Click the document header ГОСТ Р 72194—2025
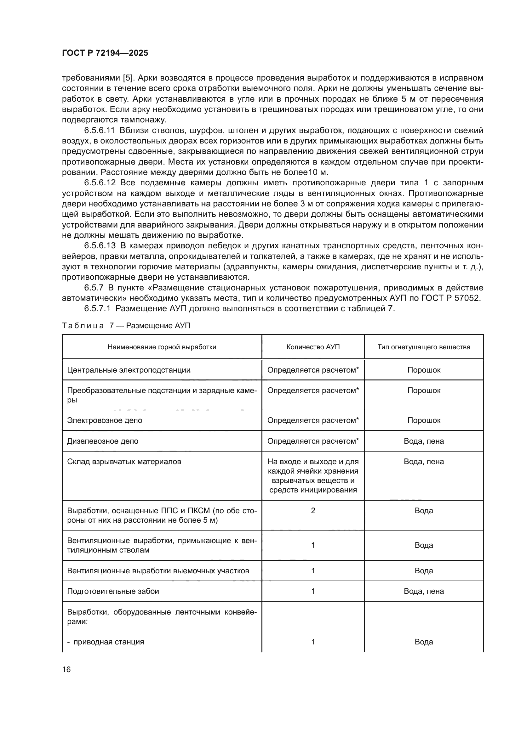tap(105, 53)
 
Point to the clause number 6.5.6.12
tap(100, 183)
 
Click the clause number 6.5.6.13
tap(100, 246)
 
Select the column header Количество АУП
tap(313, 347)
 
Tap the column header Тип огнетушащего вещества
tap(423, 347)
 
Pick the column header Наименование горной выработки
tap(162, 347)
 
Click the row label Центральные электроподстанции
tap(129, 370)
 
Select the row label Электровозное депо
tap(105, 420)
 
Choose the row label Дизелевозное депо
tap(103, 441)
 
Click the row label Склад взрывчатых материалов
tap(124, 462)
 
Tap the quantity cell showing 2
tap(313, 511)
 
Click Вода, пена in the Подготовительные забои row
tap(423, 591)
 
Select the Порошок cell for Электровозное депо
tap(423, 420)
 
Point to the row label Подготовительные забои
tap(113, 591)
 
